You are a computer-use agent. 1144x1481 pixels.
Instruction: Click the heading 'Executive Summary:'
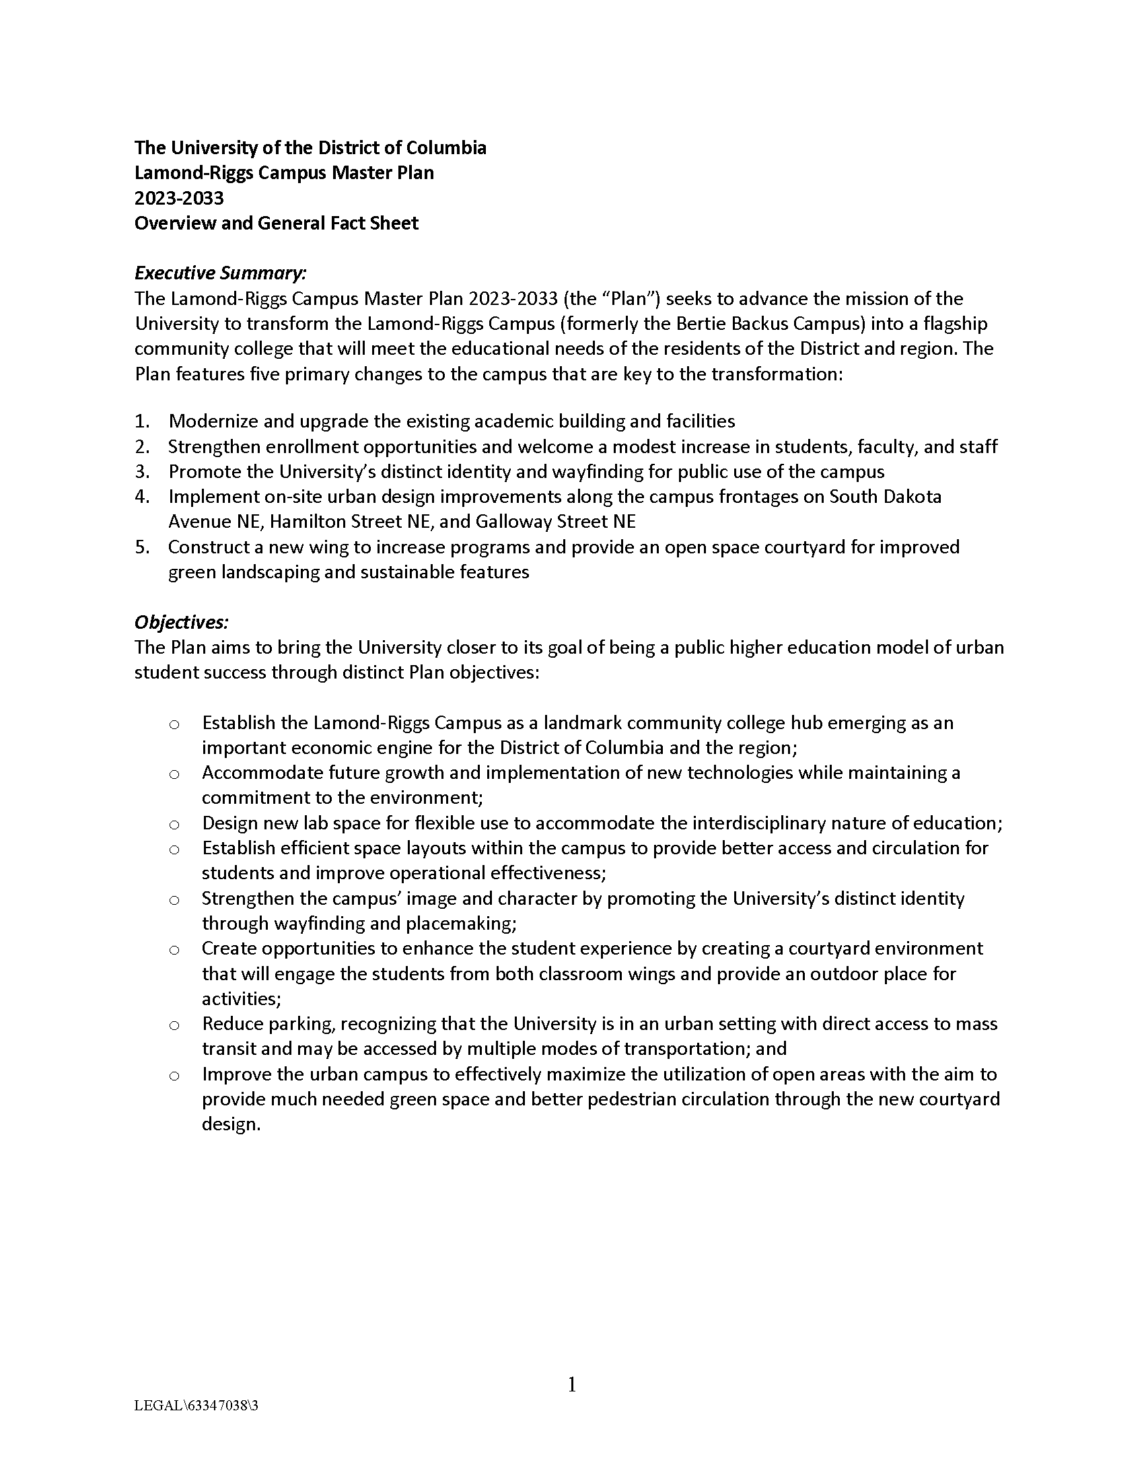point(220,273)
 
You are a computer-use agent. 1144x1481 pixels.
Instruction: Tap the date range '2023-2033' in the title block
point(179,198)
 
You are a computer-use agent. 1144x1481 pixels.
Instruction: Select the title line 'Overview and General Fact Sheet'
point(276,223)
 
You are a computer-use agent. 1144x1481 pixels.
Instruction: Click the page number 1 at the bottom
point(571,1384)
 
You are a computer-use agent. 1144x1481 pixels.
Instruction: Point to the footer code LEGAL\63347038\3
point(196,1406)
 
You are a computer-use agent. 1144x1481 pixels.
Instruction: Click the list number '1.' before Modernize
point(141,421)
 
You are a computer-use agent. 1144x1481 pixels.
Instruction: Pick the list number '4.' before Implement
point(141,496)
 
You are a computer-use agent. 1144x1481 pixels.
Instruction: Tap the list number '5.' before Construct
point(141,547)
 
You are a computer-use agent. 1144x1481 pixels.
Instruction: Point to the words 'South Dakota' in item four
point(885,496)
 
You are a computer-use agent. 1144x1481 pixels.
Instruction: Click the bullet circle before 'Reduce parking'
point(174,1025)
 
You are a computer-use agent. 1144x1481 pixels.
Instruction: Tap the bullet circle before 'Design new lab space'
point(174,825)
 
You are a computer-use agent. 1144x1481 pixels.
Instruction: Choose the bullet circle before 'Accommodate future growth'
point(174,774)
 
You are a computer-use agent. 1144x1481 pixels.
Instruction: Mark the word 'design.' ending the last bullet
point(231,1124)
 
